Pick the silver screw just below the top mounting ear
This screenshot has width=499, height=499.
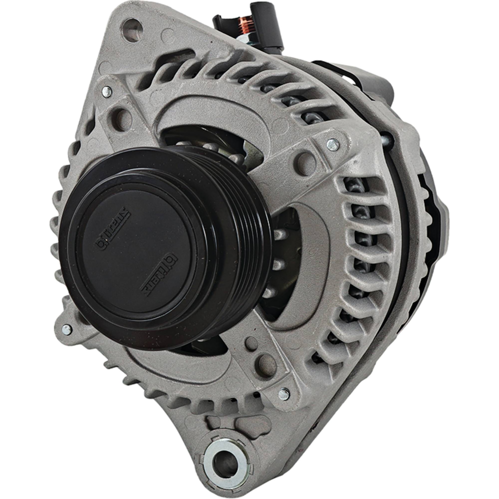pyautogui.click(x=107, y=91)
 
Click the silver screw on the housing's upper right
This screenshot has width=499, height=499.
pyautogui.click(x=333, y=145)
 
